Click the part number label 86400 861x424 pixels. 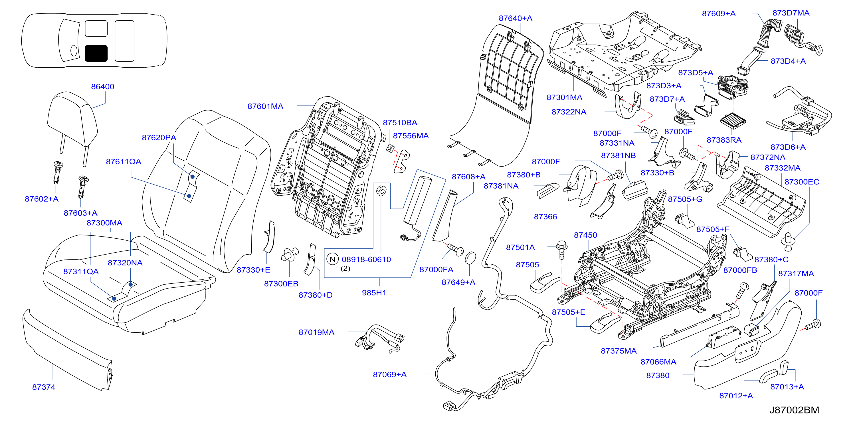point(103,87)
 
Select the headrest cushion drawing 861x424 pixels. point(72,119)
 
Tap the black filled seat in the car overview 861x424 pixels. point(96,53)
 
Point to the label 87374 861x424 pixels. point(43,387)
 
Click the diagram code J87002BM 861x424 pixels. point(794,410)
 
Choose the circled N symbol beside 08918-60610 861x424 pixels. point(332,259)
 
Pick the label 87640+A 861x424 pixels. point(516,18)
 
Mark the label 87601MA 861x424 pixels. point(265,106)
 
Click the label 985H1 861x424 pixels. point(374,293)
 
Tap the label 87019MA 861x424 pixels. point(316,332)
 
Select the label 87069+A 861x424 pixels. point(390,375)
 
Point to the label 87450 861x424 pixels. point(585,235)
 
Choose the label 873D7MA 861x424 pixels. point(791,13)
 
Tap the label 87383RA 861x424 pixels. point(724,140)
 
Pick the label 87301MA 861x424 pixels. point(564,97)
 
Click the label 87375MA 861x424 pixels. point(619,351)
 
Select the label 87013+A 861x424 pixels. point(787,387)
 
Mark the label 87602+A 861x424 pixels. point(42,199)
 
